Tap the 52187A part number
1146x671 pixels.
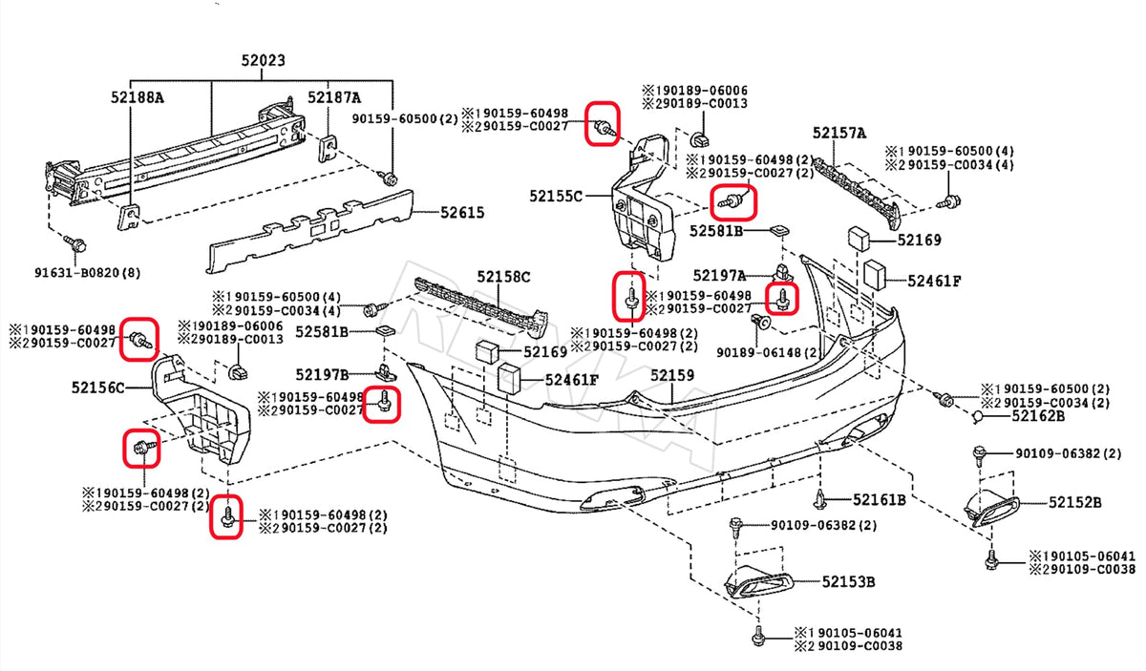[334, 97]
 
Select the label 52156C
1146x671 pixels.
[97, 388]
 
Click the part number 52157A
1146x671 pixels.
[839, 134]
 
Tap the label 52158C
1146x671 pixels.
[504, 277]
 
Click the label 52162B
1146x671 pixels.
[1037, 415]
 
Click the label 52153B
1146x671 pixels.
[849, 580]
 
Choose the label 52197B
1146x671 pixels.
[322, 374]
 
